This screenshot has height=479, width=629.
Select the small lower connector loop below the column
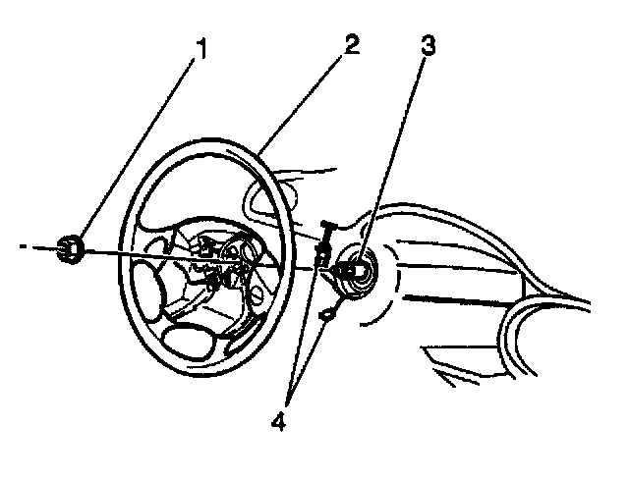pyautogui.click(x=326, y=314)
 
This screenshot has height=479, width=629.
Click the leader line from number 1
pyautogui.click(x=138, y=152)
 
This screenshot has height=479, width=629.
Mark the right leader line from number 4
pyautogui.click(x=314, y=353)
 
